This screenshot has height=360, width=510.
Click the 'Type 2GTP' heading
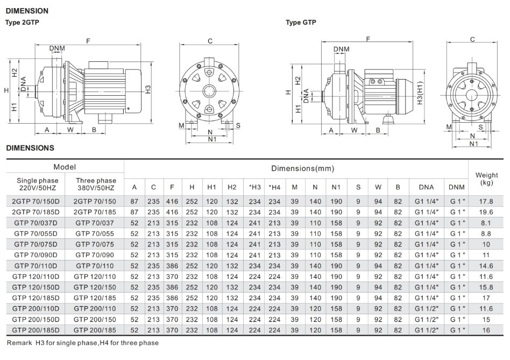click(x=22, y=22)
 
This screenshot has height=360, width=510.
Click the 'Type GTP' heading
click(x=301, y=22)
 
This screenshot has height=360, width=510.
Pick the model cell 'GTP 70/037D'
click(x=35, y=223)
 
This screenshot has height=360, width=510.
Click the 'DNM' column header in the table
click(x=454, y=187)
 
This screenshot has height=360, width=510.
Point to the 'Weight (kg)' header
click(x=487, y=179)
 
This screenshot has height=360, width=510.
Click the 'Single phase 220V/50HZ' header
click(x=35, y=184)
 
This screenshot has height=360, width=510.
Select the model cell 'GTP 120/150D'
click(x=35, y=287)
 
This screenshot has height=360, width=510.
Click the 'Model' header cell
click(x=65, y=167)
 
